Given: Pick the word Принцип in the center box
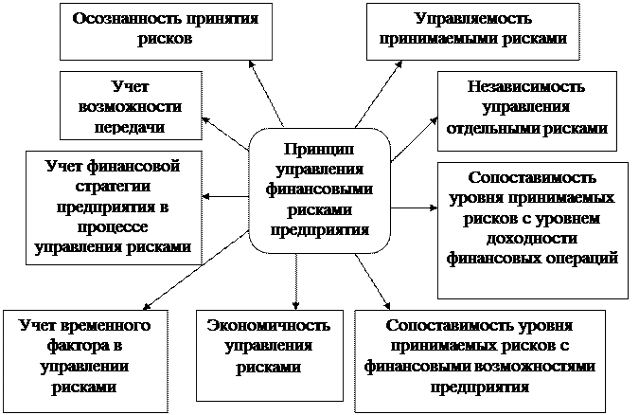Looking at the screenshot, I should click(318, 149).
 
